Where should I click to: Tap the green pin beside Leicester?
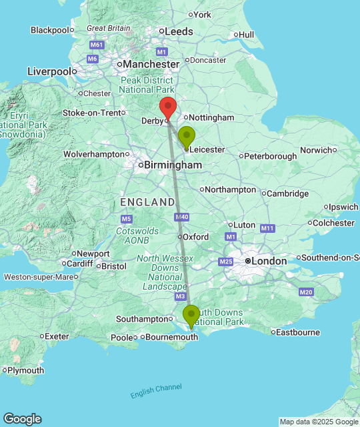point(187,137)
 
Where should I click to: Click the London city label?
point(269,261)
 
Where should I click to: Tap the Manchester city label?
point(150,65)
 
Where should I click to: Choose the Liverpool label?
point(49,71)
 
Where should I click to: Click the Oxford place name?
point(196,237)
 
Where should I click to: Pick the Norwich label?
point(315,150)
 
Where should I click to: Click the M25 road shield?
point(225,261)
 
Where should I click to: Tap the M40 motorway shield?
point(181,217)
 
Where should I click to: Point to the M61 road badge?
point(97,45)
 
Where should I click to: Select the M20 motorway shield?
point(306,292)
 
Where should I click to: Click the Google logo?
point(21,418)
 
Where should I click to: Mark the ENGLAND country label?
point(147,201)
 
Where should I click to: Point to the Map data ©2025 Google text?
point(318,422)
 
